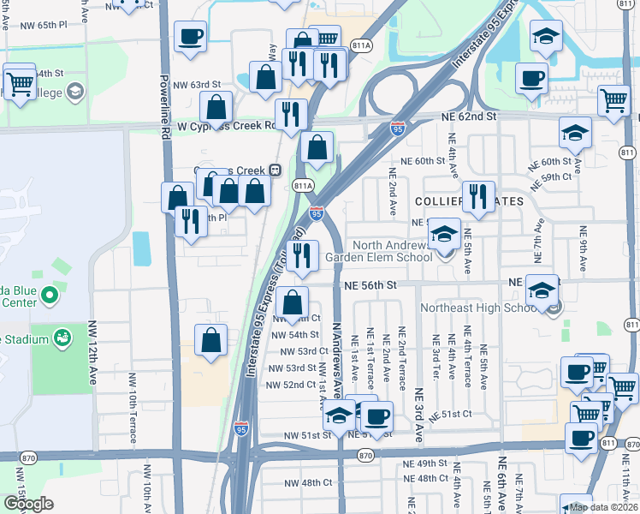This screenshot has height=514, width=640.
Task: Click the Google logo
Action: coord(27,504)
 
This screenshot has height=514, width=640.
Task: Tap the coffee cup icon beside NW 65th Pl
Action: coord(190,37)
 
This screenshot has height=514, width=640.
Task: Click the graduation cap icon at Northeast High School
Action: coord(542,290)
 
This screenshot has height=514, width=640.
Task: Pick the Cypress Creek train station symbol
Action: coord(276,170)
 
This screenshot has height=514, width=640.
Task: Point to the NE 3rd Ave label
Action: coord(419,416)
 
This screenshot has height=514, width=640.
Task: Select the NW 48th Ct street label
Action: coord(305,482)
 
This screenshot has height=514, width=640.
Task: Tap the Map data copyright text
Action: coord(604,507)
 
